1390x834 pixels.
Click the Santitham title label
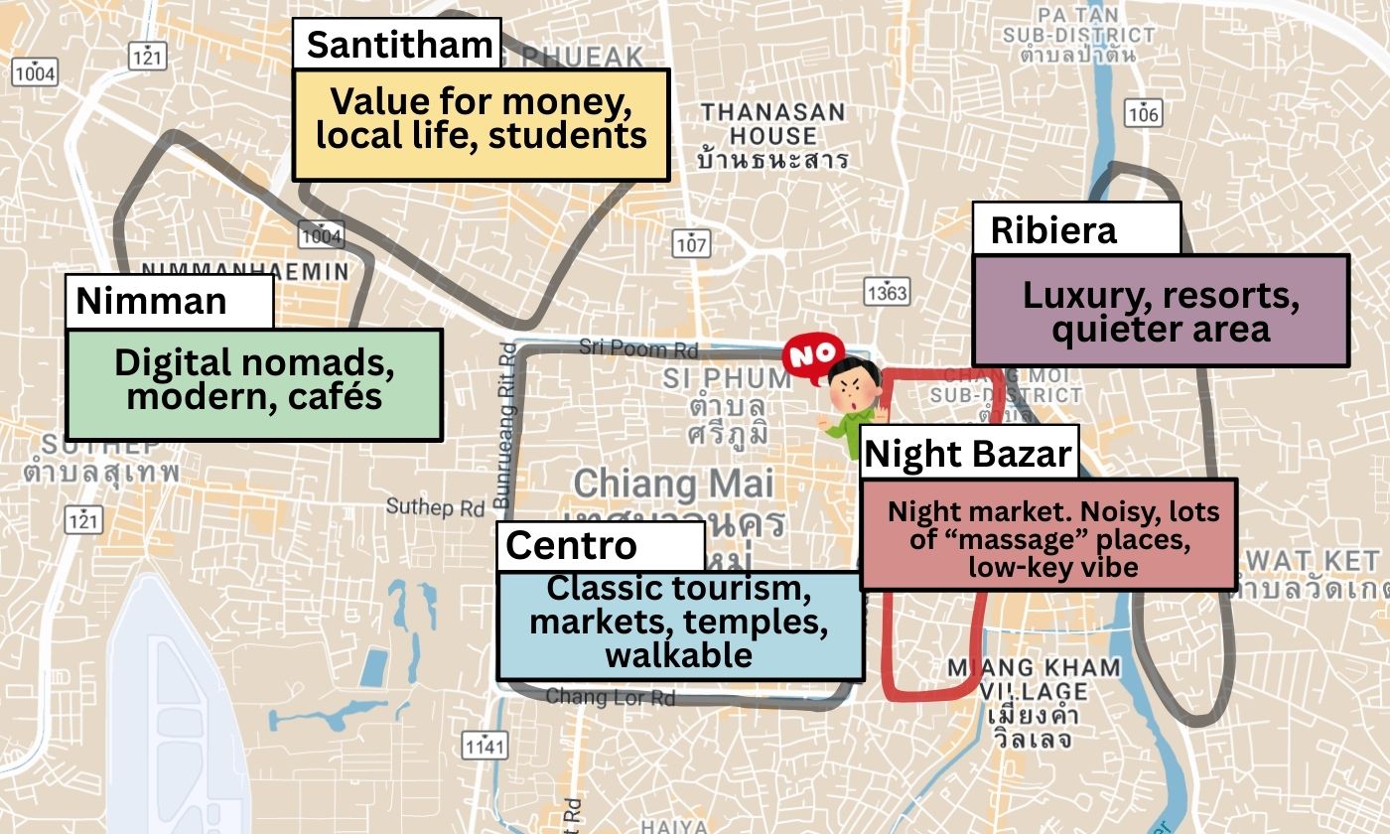tap(397, 45)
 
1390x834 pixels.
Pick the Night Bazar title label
tap(968, 455)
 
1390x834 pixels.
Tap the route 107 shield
tap(690, 243)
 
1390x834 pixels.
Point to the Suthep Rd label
tap(435, 507)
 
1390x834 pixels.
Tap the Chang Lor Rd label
tap(610, 697)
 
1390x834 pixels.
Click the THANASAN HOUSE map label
tap(772, 123)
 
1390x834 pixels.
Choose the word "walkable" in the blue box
tap(679, 655)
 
